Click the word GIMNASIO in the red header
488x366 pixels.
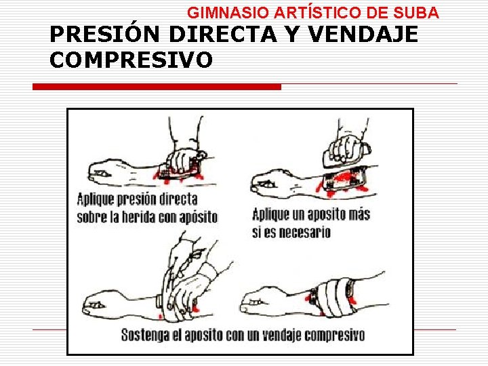pos(228,13)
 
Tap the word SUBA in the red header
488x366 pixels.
pos(415,13)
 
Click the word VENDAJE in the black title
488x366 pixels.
pos(363,34)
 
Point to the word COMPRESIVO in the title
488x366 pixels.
pos(131,59)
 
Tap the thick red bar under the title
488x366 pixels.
pos(157,87)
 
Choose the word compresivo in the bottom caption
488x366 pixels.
pos(335,335)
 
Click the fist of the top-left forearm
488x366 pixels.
pos(101,173)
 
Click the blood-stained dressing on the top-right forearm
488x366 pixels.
pos(344,180)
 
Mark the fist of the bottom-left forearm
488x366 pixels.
pos(95,305)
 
